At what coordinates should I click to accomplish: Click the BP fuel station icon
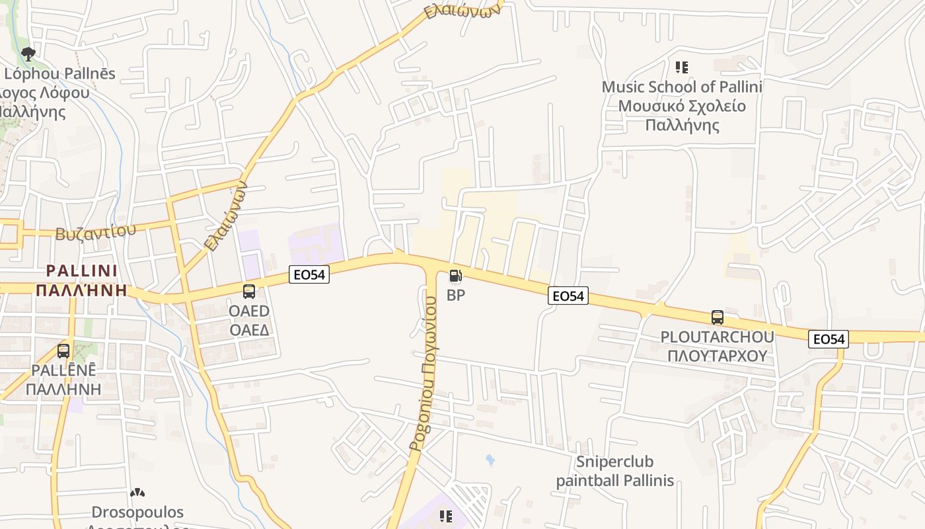tap(455, 276)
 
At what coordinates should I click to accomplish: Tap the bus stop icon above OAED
tap(249, 292)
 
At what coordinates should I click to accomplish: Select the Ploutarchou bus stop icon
tap(718, 317)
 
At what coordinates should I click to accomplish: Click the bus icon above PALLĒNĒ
tap(63, 351)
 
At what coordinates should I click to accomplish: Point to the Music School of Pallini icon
tap(682, 67)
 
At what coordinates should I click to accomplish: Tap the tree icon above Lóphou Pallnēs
tap(28, 54)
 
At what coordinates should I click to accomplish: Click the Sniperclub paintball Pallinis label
tap(614, 471)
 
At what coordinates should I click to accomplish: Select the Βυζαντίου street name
tap(96, 231)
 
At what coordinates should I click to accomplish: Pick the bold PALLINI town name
tap(82, 270)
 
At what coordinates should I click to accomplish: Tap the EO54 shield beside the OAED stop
tap(309, 274)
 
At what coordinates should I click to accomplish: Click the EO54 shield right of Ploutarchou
tap(829, 339)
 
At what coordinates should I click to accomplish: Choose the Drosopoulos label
tap(137, 512)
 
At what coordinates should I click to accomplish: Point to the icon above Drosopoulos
tap(137, 493)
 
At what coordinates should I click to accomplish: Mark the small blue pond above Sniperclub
tap(490, 459)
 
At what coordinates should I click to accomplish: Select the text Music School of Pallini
tap(682, 87)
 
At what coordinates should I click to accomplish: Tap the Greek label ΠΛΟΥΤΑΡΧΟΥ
tap(717, 356)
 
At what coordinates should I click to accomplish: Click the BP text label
tap(456, 296)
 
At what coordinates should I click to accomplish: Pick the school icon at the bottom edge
tap(446, 516)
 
